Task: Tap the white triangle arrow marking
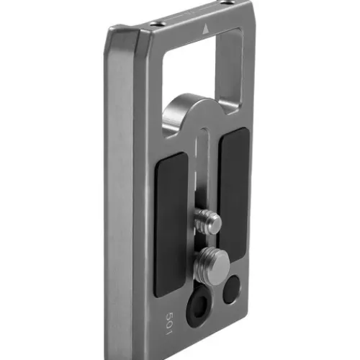point(205,30)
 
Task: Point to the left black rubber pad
point(171,225)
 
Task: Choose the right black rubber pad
point(234,195)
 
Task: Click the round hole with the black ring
point(199,305)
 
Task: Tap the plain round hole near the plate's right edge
point(232,289)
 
